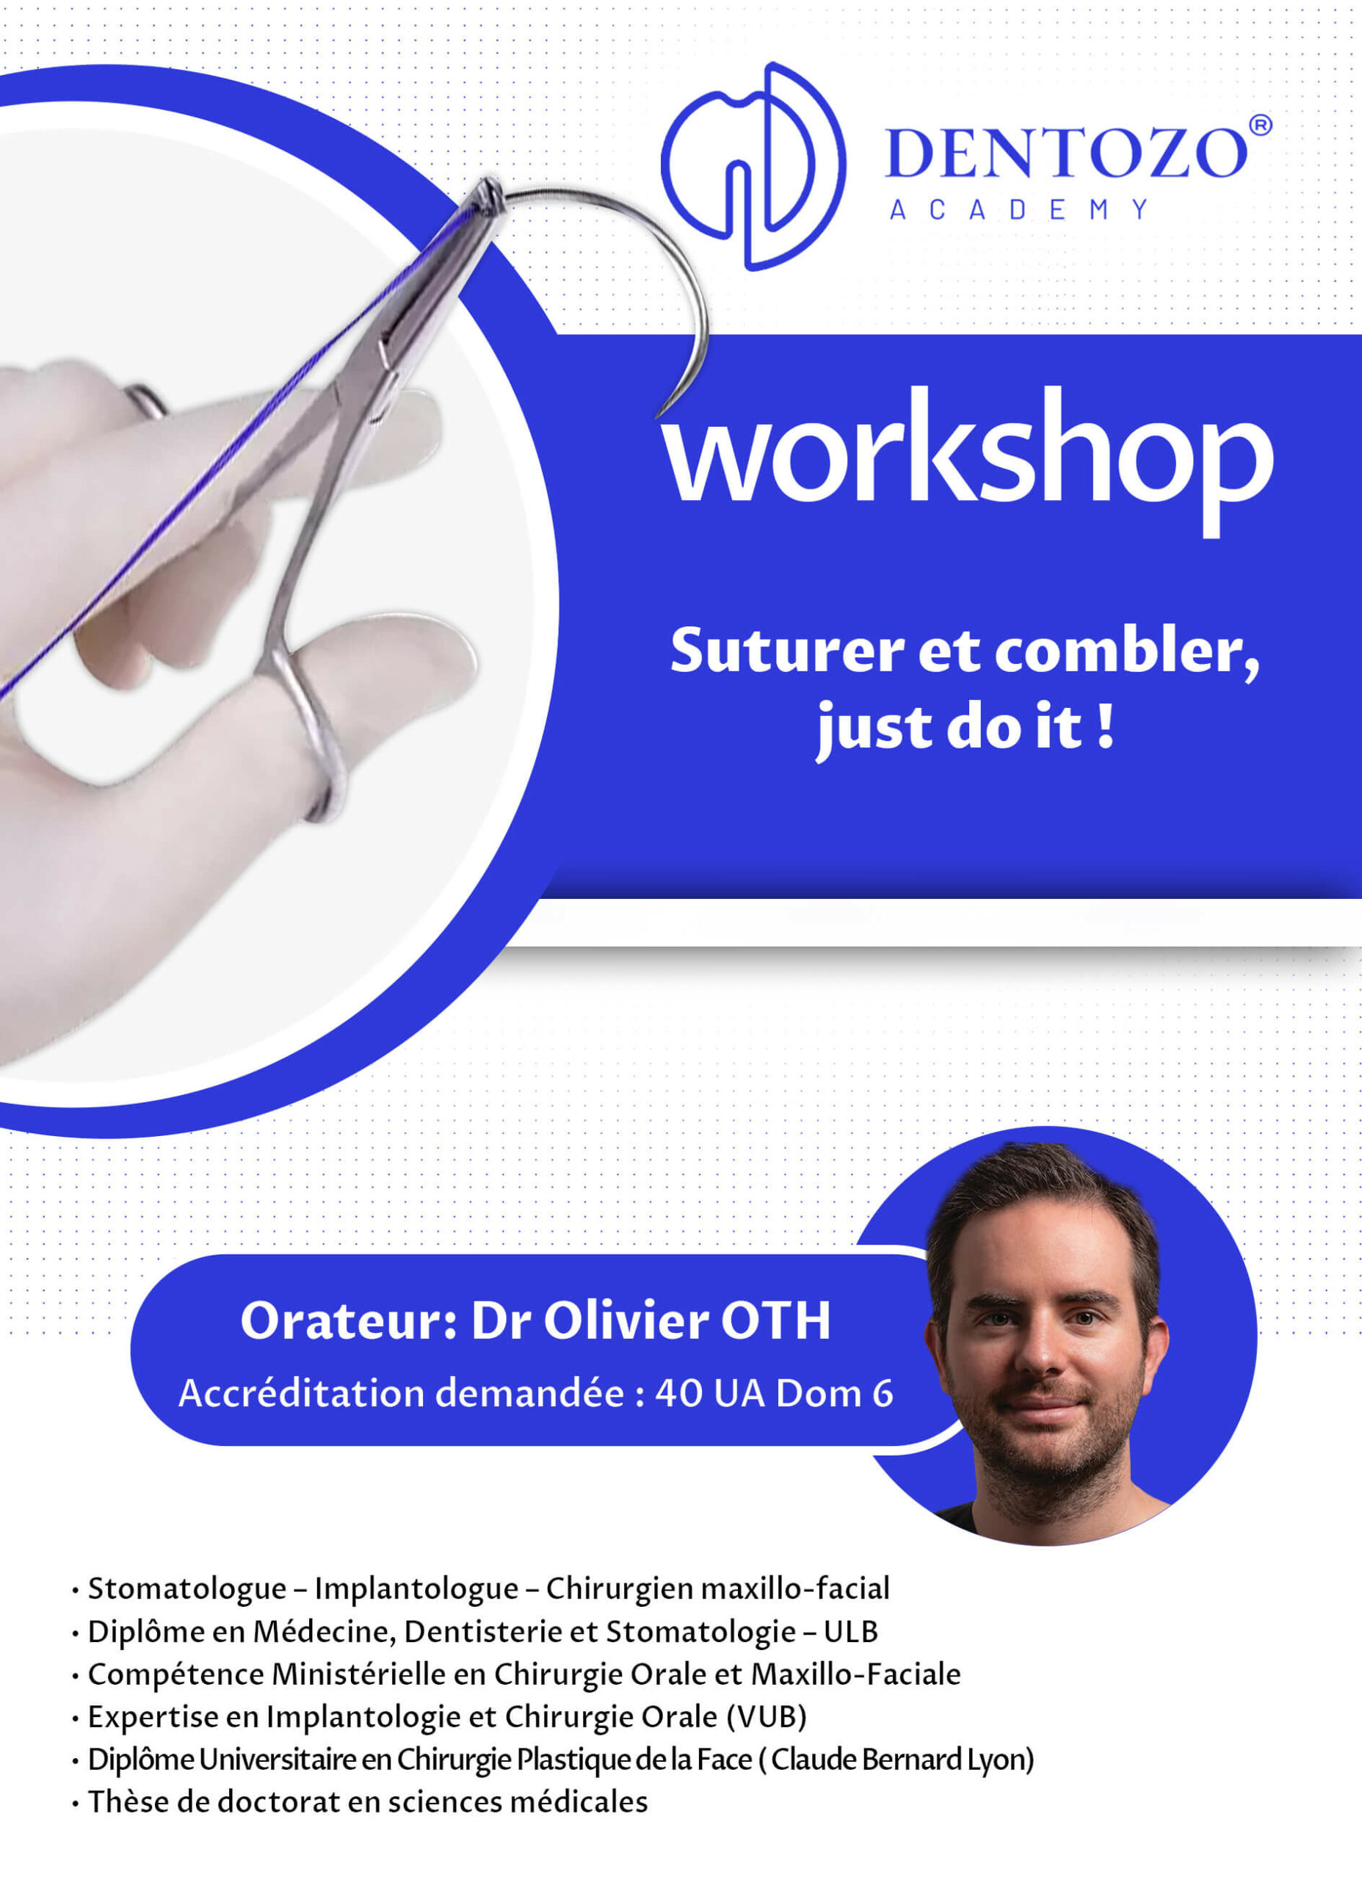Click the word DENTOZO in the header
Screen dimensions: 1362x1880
[1067, 153]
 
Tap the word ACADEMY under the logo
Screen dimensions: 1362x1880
[1019, 210]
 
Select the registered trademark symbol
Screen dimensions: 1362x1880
[1259, 125]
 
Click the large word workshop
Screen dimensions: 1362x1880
[968, 461]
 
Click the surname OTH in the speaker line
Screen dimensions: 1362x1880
[775, 1320]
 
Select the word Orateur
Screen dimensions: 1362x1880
[348, 1320]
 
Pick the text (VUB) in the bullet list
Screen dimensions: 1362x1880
[766, 1717]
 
